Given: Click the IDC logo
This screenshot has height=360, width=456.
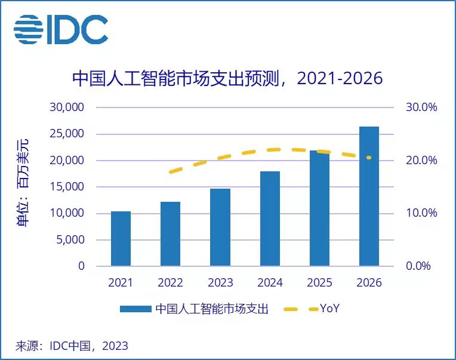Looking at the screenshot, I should point(61,29).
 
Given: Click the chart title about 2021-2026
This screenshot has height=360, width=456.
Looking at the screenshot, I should point(227,79).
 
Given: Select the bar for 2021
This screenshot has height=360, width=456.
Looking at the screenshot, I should point(121,239).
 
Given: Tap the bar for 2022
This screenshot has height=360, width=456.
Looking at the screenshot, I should point(170,234).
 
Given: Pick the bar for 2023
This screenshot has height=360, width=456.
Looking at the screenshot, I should point(220,227).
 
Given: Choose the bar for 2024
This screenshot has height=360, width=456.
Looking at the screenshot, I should point(270,219).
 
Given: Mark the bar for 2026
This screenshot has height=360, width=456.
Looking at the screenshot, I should point(369,196).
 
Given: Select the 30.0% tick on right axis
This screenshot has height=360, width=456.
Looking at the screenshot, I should point(422,107).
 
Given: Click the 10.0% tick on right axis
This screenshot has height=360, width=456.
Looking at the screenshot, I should point(422,213).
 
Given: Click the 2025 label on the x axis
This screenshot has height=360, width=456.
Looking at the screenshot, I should point(319,283).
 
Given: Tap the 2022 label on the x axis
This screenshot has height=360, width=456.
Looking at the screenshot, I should point(170,283).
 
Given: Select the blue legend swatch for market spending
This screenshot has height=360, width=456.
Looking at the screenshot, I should point(135,309).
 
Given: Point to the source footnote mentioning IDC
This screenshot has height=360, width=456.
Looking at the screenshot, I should point(72,346).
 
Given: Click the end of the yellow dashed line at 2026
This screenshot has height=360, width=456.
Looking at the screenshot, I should point(369,158).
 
